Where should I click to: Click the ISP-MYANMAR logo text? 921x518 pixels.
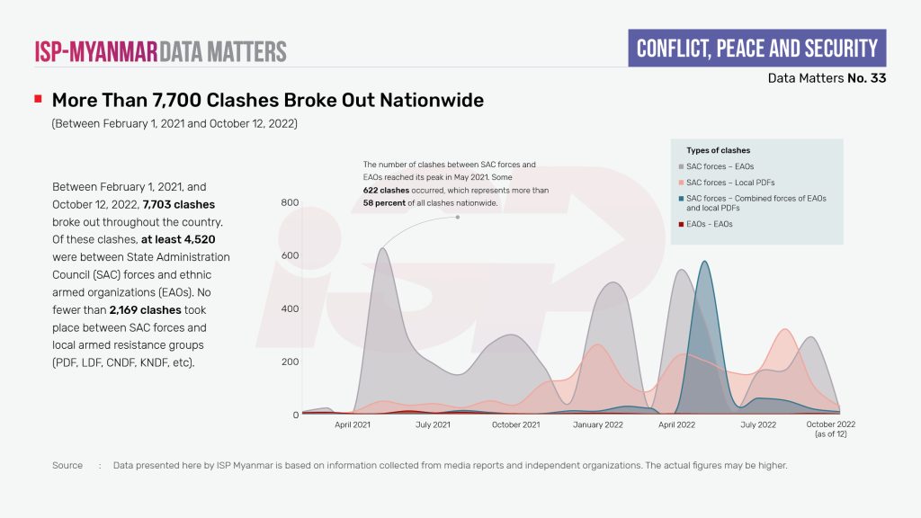(x=96, y=50)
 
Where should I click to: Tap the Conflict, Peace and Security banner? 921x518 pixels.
(x=756, y=48)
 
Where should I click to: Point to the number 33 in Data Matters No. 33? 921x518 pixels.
(x=877, y=78)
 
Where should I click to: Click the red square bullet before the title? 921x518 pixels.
(x=38, y=99)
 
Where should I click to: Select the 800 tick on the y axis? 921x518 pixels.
(x=290, y=203)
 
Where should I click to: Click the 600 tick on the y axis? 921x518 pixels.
(x=290, y=256)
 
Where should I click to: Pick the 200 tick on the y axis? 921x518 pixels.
(x=290, y=362)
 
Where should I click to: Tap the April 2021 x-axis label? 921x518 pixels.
(x=353, y=424)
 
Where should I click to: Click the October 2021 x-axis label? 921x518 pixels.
(x=516, y=424)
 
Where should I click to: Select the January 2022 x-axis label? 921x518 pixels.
(x=598, y=424)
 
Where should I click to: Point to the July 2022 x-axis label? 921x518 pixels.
(x=758, y=424)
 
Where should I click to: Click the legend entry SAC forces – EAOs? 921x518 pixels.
(x=720, y=166)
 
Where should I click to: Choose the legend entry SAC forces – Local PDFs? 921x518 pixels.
(x=724, y=183)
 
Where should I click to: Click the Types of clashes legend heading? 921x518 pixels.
(x=718, y=150)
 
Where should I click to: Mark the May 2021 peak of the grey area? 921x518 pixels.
(x=382, y=249)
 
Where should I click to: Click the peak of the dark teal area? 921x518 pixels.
(x=704, y=262)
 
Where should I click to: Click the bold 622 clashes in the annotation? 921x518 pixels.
(x=387, y=191)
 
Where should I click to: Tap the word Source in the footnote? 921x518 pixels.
(x=67, y=466)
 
